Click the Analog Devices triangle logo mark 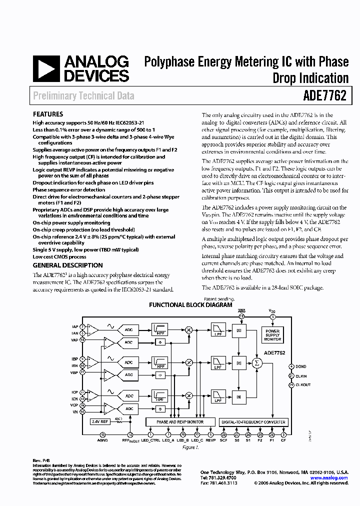(45, 69)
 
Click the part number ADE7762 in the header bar (324, 95)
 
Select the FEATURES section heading (48, 114)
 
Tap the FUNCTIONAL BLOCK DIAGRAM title (190, 304)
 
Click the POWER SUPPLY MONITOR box (272, 334)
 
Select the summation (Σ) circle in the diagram (257, 362)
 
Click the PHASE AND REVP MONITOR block (180, 422)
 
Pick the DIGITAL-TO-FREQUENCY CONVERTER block (253, 422)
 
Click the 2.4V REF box (100, 422)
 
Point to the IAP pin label (75, 326)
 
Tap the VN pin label (75, 412)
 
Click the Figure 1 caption (190, 447)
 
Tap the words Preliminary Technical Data (83, 95)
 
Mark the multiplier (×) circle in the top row (189, 330)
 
